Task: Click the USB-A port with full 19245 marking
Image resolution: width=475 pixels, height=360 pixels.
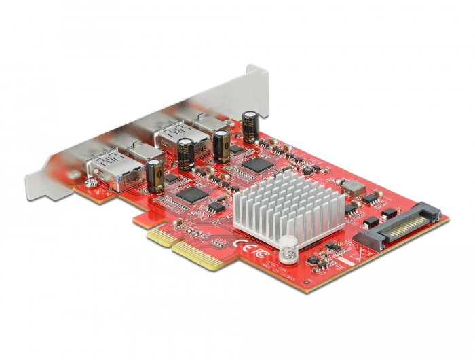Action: [109, 168]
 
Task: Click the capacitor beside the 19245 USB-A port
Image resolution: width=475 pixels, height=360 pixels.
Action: [154, 176]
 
